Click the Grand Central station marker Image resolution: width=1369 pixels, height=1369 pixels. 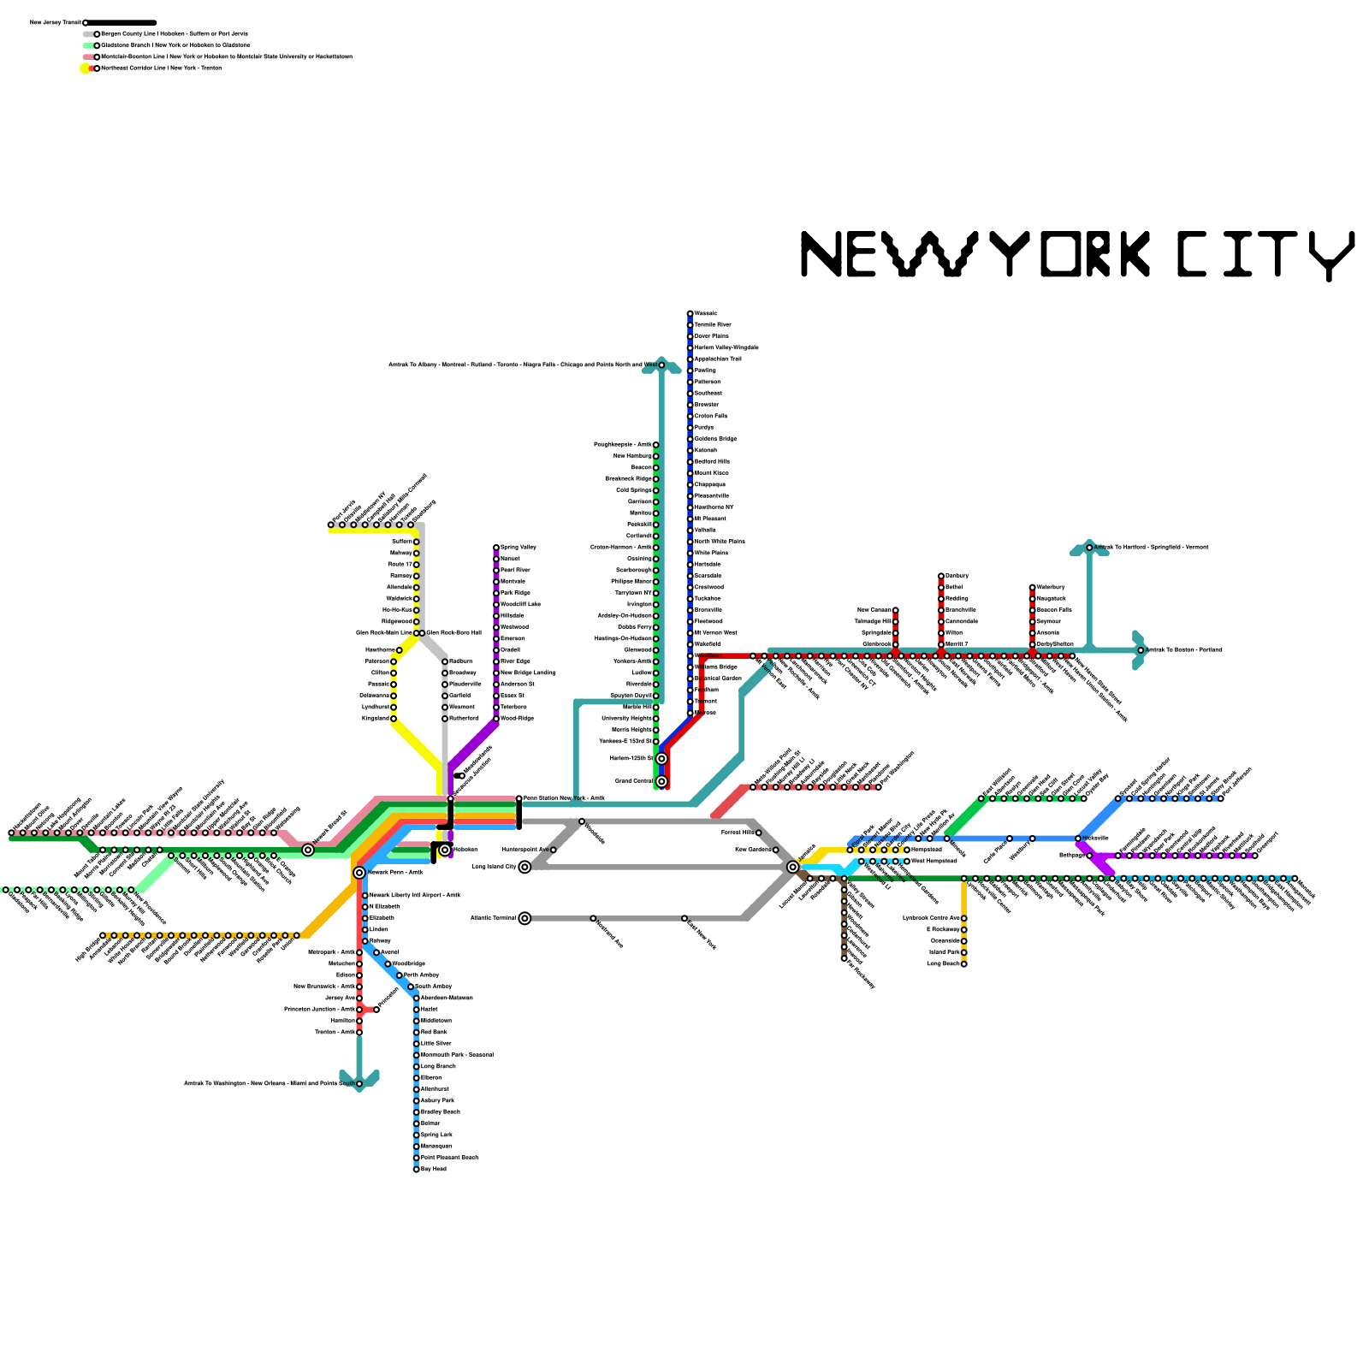click(661, 781)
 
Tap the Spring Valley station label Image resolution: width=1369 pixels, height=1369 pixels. click(519, 547)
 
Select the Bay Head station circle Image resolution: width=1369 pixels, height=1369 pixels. click(417, 1169)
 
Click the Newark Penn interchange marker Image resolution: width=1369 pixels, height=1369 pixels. click(359, 873)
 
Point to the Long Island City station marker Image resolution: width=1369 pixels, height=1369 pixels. click(524, 867)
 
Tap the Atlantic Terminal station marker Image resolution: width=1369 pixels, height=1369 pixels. click(524, 918)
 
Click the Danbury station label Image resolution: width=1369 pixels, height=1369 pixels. click(957, 576)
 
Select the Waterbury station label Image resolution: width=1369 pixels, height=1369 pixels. click(1052, 587)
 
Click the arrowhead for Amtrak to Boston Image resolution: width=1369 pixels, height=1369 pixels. click(1139, 650)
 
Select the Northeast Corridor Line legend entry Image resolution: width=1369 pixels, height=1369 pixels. click(158, 68)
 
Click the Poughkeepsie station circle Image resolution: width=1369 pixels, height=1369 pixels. click(656, 445)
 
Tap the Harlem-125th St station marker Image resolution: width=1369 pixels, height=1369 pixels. click(661, 759)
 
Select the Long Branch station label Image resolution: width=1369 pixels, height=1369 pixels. click(438, 1066)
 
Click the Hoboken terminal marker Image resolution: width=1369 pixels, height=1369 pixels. click(445, 850)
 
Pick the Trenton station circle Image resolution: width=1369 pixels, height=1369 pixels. click(359, 1032)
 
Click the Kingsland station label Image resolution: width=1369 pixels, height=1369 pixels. click(375, 718)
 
